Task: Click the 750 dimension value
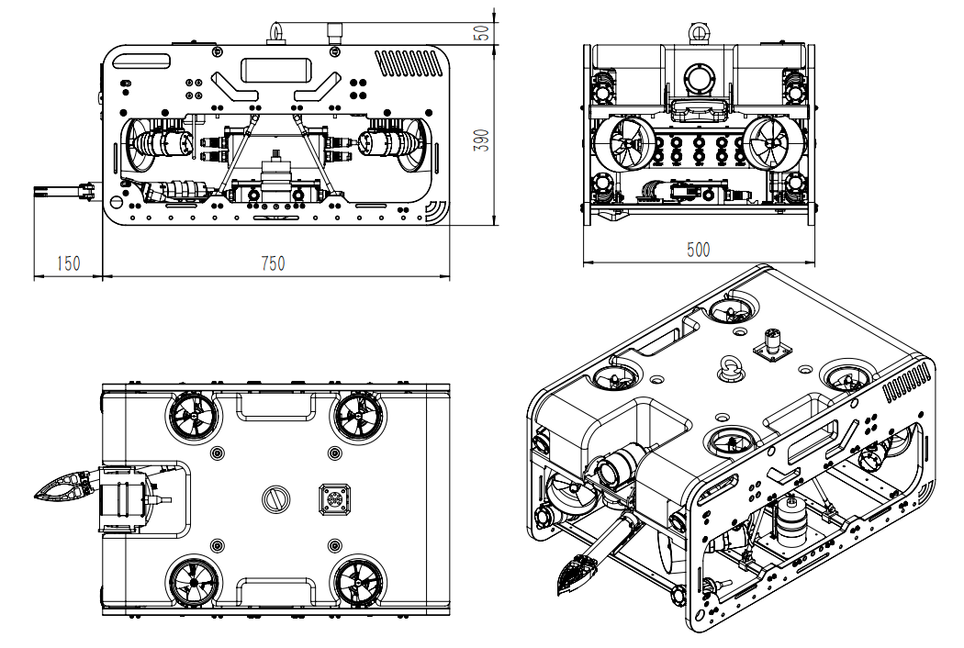[x=273, y=263]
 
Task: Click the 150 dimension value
[x=68, y=263]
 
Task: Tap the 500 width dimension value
[x=697, y=249]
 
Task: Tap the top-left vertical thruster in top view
[x=194, y=419]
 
